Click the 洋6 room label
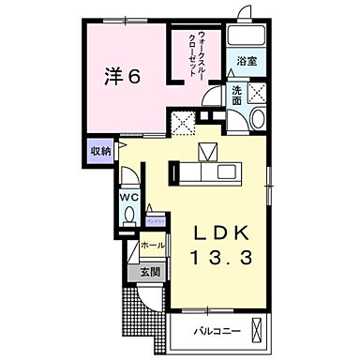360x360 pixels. (122, 78)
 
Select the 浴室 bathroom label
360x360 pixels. (247, 61)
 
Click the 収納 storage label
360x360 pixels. (100, 150)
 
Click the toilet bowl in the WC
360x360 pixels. (128, 218)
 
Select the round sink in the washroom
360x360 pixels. (258, 118)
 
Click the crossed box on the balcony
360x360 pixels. (263, 331)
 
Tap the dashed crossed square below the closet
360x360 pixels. (182, 120)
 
